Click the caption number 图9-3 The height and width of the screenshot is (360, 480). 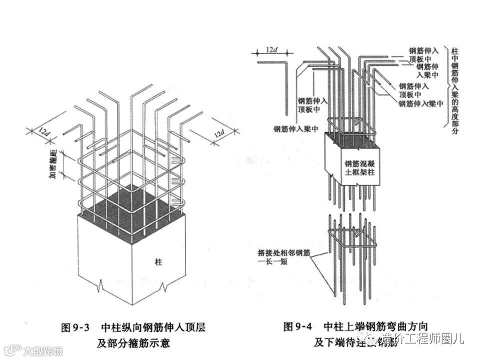point(74,328)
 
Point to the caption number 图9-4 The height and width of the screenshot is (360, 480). point(297,328)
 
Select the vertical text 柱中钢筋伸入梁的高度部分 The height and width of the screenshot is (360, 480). point(454,90)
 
